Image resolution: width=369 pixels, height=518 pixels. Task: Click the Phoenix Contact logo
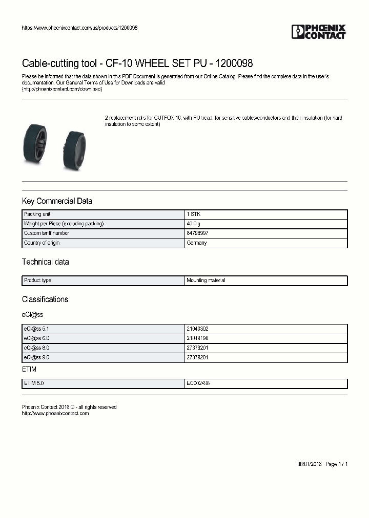tap(318, 32)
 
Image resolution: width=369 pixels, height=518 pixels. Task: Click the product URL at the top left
tap(79, 28)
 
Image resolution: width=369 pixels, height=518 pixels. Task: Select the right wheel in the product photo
tap(75, 148)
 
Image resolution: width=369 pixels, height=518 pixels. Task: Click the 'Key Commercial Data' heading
tap(57, 201)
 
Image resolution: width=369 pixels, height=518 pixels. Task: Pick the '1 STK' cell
tap(194, 214)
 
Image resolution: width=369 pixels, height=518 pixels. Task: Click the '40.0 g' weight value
tap(194, 224)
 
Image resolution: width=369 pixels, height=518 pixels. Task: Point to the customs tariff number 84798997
tap(197, 233)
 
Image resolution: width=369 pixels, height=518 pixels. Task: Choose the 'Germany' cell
tap(197, 243)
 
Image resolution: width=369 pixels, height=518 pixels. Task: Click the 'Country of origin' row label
tap(42, 243)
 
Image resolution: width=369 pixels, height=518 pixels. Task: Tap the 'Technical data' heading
tap(45, 262)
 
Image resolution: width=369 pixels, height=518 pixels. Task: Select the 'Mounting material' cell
tap(206, 280)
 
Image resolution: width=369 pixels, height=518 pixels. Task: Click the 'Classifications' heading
tap(45, 299)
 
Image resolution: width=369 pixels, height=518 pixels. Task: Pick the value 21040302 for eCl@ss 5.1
tap(197, 329)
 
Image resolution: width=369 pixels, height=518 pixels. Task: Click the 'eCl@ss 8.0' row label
tap(36, 348)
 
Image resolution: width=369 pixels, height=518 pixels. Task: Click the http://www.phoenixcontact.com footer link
tap(55, 413)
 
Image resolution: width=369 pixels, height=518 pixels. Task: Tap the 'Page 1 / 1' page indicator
tap(337, 464)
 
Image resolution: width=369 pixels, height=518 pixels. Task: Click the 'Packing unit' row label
tap(37, 214)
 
